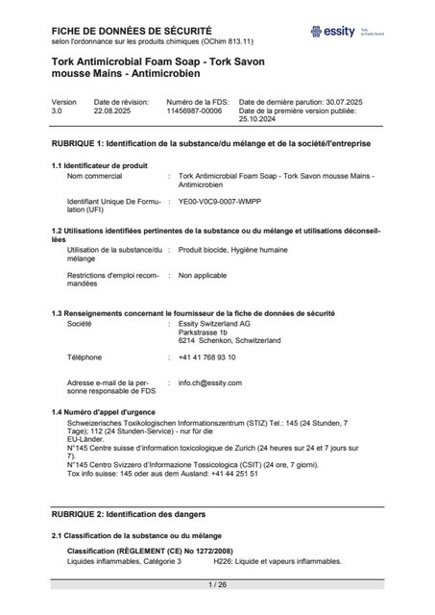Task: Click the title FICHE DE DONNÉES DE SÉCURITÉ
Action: pyautogui.click(x=118, y=32)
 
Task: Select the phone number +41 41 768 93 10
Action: pyautogui.click(x=206, y=357)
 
